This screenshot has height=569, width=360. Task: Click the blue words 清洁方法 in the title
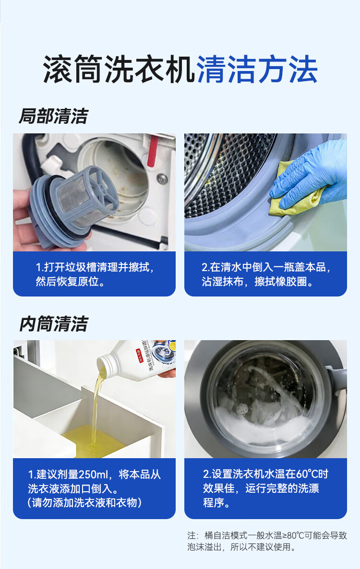(x=257, y=70)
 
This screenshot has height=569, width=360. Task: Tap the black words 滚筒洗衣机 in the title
(x=119, y=70)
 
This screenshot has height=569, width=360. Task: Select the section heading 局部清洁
(x=53, y=117)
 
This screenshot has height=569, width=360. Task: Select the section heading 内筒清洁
(x=53, y=324)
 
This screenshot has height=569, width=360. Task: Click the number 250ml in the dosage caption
(x=91, y=475)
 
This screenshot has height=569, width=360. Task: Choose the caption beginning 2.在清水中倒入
(x=265, y=274)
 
